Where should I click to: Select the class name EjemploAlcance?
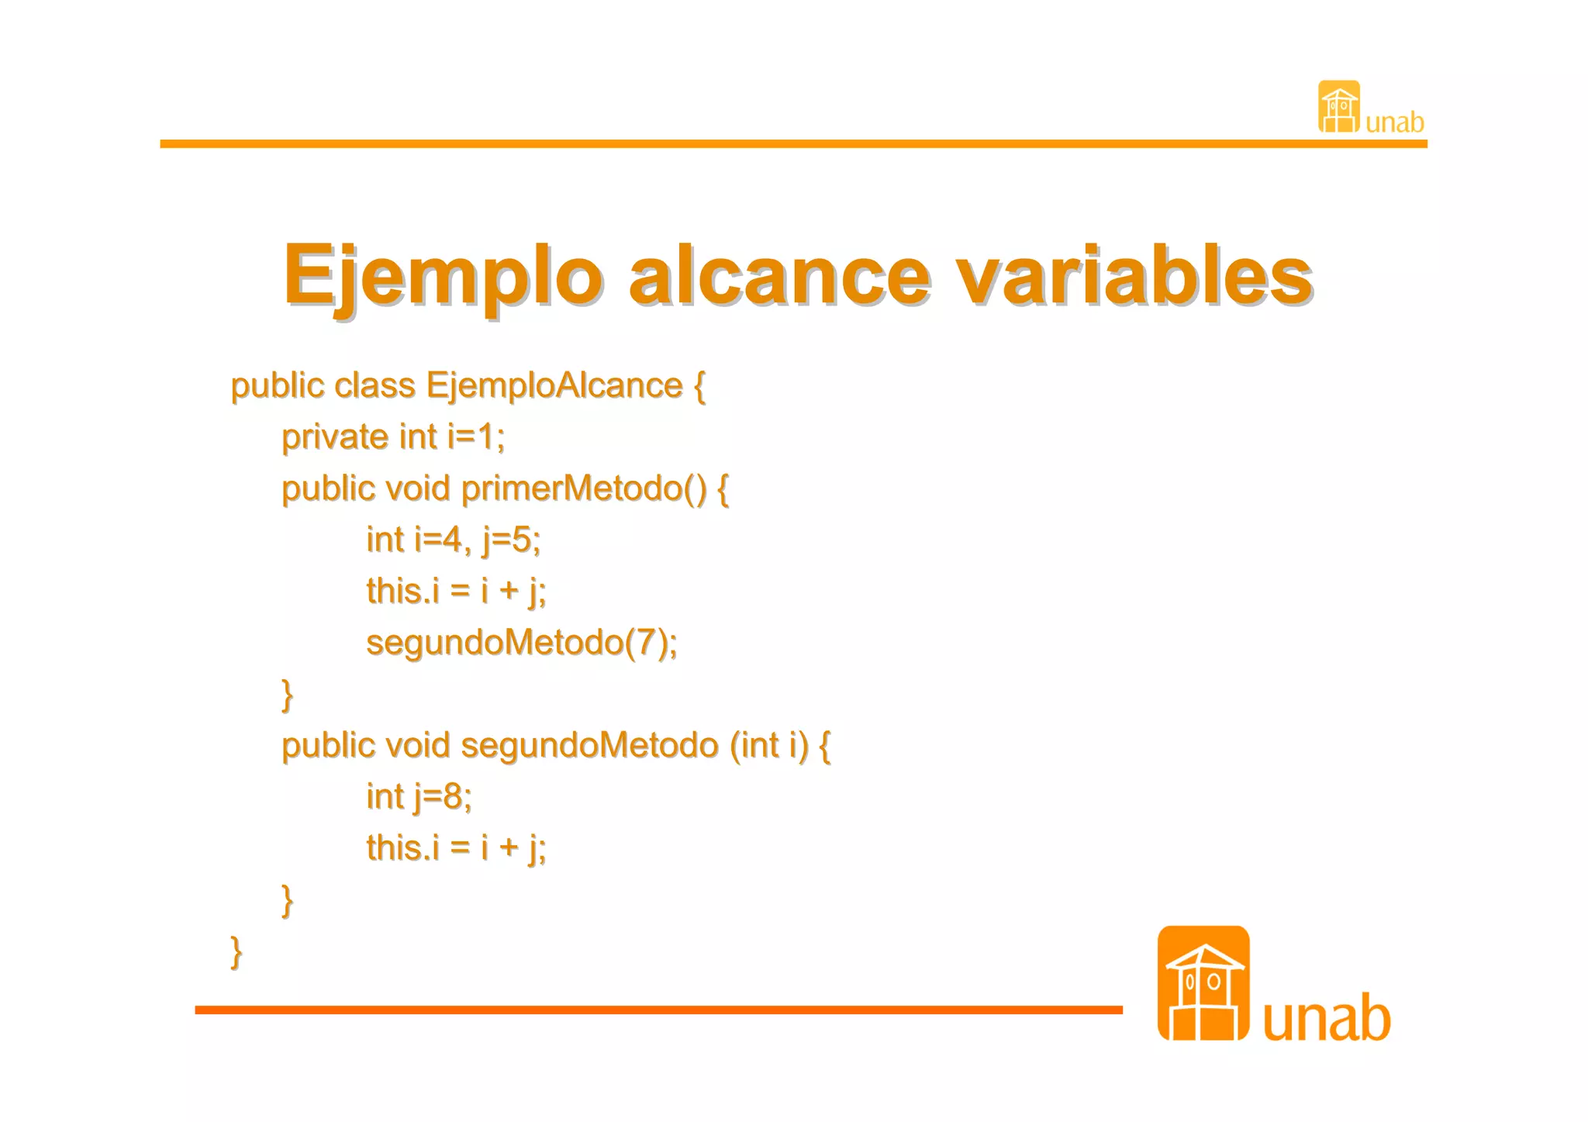[x=554, y=385]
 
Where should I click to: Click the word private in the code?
[x=334, y=437]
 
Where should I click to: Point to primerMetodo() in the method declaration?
[x=583, y=489]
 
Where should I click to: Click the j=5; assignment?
[x=511, y=540]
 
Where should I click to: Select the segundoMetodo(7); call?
[x=521, y=643]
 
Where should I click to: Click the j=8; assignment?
[x=442, y=797]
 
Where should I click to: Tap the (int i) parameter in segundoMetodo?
[x=768, y=745]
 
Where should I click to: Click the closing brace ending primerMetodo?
[x=287, y=694]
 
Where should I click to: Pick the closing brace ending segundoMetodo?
[x=287, y=899]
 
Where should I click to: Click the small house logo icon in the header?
[x=1338, y=107]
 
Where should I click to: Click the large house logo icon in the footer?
[x=1203, y=983]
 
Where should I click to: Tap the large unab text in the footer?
[x=1326, y=1018]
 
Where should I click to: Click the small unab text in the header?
[x=1394, y=123]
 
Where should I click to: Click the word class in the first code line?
[x=375, y=385]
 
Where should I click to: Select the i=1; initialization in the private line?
[x=476, y=437]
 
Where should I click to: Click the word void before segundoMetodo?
[x=417, y=745]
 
